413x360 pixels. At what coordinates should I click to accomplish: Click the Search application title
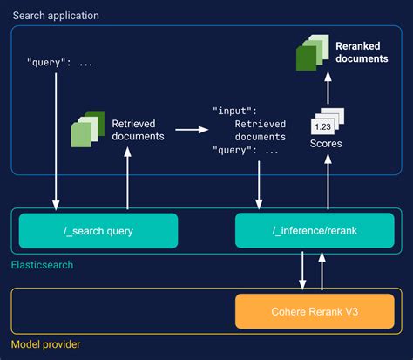[54, 16]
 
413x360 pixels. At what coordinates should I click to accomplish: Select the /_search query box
[98, 231]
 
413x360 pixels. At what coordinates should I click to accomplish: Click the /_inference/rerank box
[295, 231]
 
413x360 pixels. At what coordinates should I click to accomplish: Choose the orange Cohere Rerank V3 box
[295, 310]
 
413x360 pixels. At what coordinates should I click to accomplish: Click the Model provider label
[46, 343]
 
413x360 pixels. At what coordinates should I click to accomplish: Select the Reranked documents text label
[361, 52]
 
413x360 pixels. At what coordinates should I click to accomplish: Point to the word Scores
[328, 144]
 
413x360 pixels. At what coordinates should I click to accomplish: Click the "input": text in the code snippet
[235, 111]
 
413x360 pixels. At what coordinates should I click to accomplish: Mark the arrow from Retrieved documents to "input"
[191, 130]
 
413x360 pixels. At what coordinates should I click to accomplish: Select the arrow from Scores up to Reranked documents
[328, 88]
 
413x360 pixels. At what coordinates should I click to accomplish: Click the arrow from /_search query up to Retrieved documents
[129, 179]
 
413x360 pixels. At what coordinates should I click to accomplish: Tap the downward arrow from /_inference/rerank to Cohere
[302, 271]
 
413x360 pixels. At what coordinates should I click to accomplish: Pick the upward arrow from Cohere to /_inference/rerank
[322, 271]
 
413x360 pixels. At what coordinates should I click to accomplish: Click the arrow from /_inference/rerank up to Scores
[328, 183]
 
